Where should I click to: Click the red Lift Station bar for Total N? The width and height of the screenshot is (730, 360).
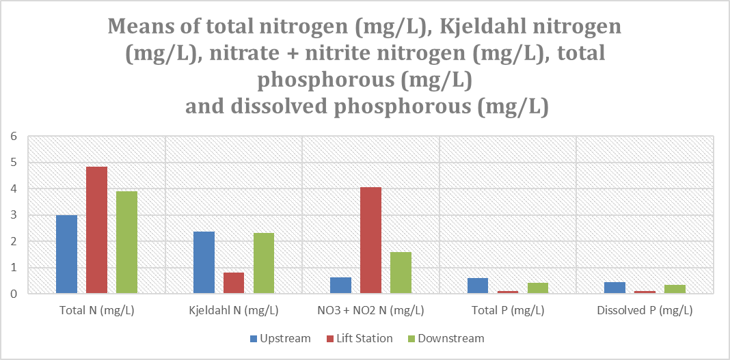[x=96, y=230]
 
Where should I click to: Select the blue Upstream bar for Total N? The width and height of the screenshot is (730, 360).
[x=66, y=254]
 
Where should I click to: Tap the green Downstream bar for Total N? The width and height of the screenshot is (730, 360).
[x=126, y=243]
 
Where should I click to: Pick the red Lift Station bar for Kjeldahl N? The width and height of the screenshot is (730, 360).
[x=234, y=283]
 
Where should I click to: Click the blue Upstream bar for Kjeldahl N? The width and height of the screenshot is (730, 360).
[x=204, y=262]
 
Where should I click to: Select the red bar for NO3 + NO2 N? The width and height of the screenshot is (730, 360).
[x=370, y=240]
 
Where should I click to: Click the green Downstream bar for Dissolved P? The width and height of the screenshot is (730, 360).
[x=675, y=289]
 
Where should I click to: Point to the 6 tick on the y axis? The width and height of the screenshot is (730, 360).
[x=12, y=137]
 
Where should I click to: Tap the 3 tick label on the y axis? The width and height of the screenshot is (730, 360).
[x=12, y=215]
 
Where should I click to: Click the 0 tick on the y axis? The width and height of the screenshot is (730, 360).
[x=12, y=294]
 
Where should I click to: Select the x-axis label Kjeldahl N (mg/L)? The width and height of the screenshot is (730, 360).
[x=234, y=310]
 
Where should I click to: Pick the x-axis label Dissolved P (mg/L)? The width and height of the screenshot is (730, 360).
[x=645, y=310]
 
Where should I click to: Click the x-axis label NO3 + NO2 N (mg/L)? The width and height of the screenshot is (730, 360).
[x=370, y=310]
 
